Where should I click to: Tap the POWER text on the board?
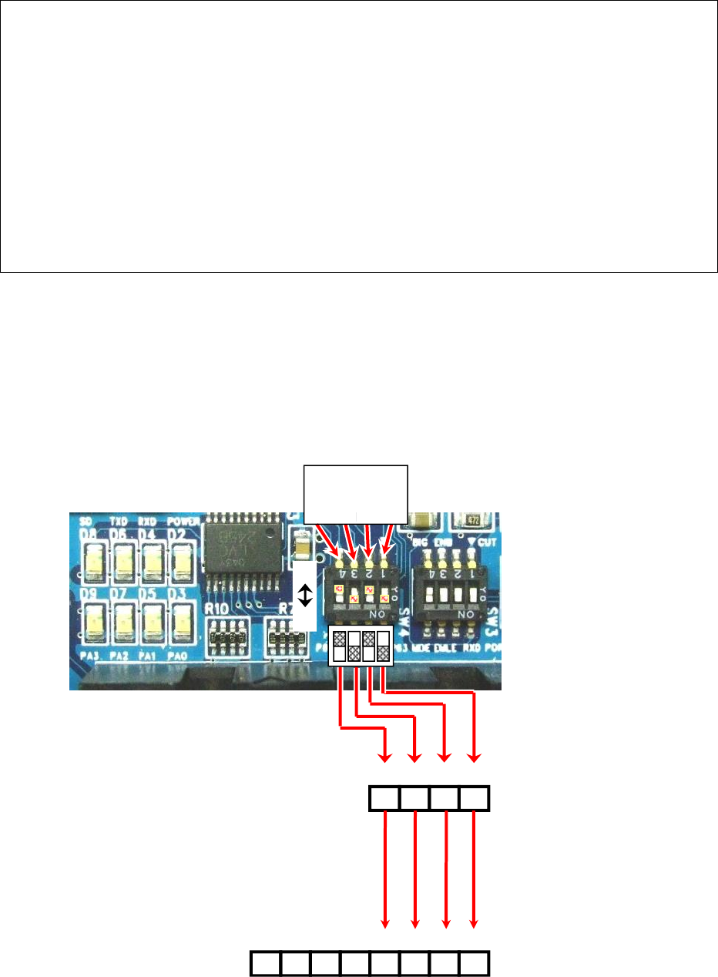pyautogui.click(x=184, y=520)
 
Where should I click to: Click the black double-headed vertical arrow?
pyautogui.click(x=305, y=595)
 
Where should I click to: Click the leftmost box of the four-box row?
pyautogui.click(x=385, y=798)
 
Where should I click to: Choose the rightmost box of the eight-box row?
pyautogui.click(x=475, y=964)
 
